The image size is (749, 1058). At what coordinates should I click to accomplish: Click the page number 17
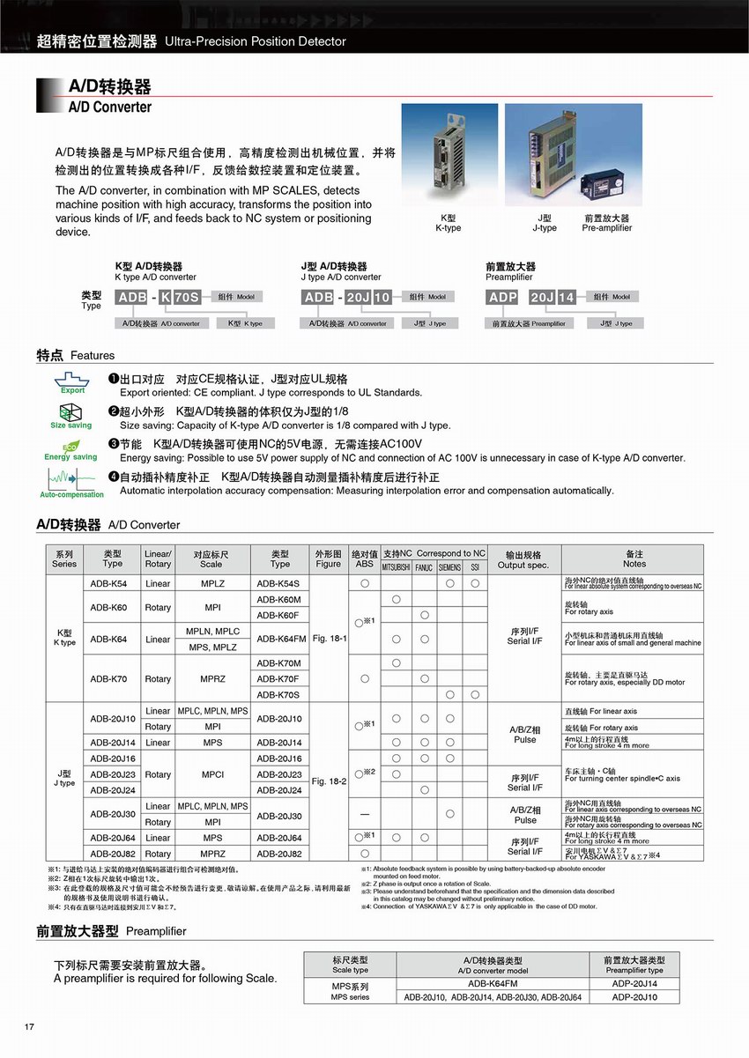tap(29, 1026)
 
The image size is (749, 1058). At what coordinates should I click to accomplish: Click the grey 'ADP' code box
tap(503, 297)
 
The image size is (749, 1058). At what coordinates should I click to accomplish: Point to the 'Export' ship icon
tap(72, 381)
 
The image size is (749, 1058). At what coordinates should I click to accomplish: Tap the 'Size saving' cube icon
tap(71, 413)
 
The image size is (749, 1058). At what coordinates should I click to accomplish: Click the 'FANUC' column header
tap(424, 567)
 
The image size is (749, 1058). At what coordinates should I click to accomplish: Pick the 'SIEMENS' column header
tap(449, 567)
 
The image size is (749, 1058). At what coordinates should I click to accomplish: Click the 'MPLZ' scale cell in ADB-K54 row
tap(212, 583)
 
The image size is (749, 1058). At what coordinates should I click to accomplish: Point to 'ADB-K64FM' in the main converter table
tap(281, 639)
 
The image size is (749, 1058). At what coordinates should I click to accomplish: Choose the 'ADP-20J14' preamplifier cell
tap(634, 984)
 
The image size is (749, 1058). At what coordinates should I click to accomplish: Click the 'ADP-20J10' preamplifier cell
tap(634, 997)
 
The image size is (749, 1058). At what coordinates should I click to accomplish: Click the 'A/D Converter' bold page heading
tap(110, 107)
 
